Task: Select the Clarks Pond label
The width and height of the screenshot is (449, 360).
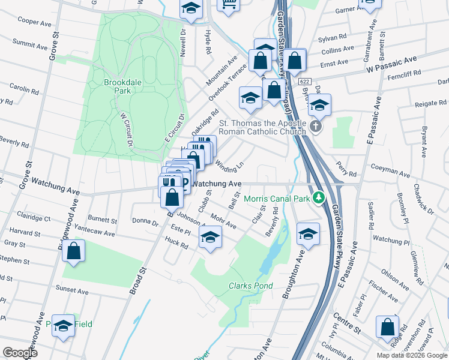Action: coord(250,286)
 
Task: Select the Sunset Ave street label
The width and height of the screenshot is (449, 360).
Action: coord(72,290)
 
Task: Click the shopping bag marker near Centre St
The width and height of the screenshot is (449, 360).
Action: coord(387,327)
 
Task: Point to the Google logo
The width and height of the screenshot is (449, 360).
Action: coord(20,352)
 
